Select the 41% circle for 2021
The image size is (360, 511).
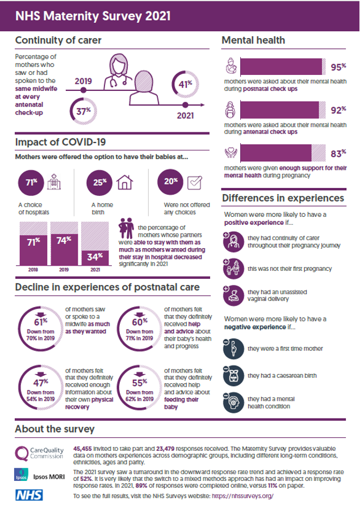pyautogui.click(x=184, y=85)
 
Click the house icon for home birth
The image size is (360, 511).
pyautogui.click(x=124, y=183)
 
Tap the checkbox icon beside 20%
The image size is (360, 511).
pyautogui.click(x=195, y=183)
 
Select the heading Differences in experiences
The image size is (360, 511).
pyautogui.click(x=282, y=198)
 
